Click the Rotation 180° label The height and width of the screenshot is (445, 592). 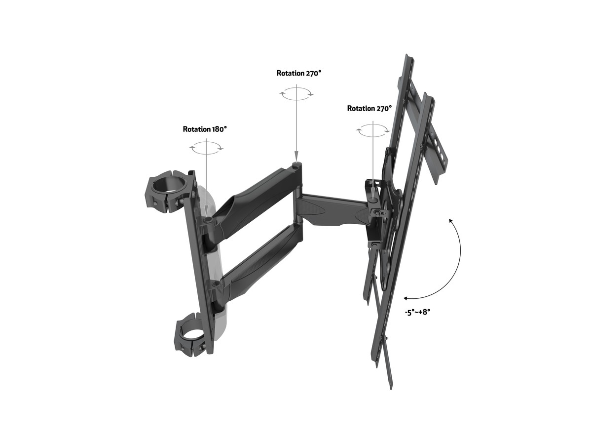[x=205, y=129]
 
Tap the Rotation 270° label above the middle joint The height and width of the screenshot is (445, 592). [x=299, y=73]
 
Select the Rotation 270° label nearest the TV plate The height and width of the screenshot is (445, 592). [x=369, y=108]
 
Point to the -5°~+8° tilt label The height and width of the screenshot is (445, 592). [x=417, y=312]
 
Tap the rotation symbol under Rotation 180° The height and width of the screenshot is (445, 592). [x=207, y=148]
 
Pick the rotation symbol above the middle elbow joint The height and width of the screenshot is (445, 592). [x=296, y=94]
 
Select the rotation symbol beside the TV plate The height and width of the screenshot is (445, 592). [x=373, y=130]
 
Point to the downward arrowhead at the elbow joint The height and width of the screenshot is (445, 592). [x=296, y=157]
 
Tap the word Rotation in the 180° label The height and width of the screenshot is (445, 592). [x=196, y=129]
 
